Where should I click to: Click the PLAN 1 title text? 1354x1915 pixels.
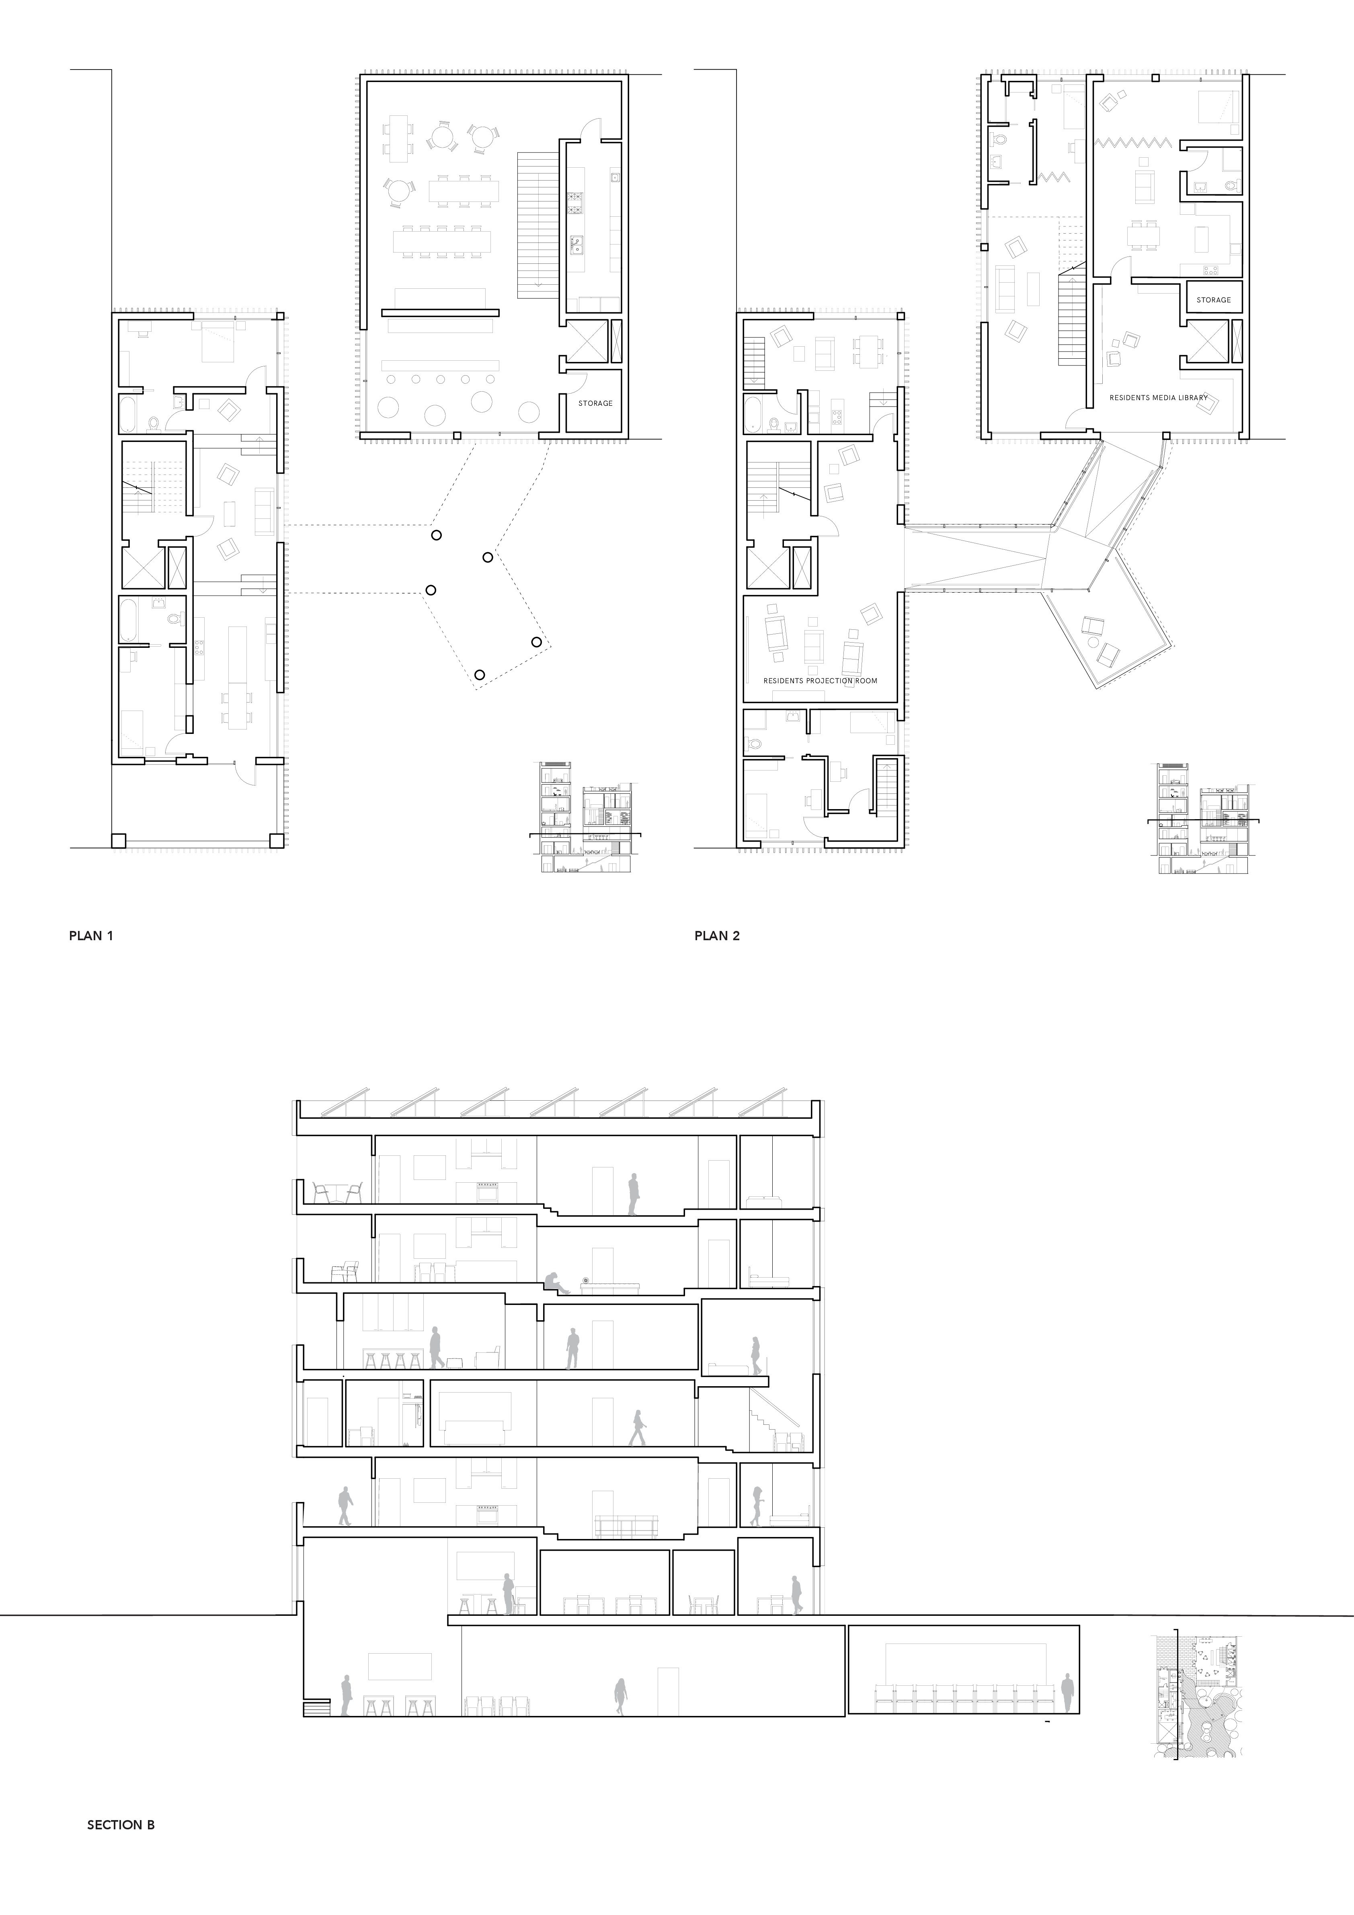tap(91, 936)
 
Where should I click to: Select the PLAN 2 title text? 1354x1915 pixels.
tap(717, 936)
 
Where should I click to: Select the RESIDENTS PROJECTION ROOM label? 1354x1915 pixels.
tap(821, 680)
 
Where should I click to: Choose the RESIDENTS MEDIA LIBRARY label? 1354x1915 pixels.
tap(1158, 398)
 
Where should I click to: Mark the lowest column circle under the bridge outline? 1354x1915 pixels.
tap(479, 674)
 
